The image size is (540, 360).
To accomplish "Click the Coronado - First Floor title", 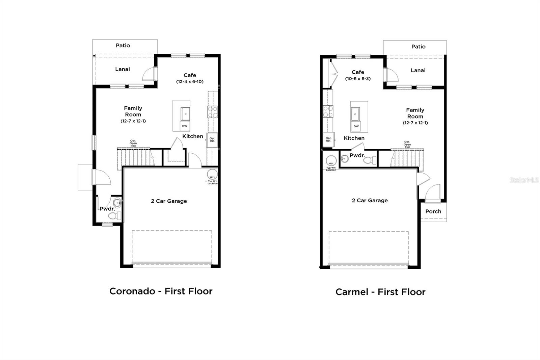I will (161, 291).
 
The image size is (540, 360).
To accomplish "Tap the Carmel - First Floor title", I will (380, 292).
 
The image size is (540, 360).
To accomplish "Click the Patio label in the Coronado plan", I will (123, 45).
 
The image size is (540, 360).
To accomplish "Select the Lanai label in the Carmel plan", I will (418, 70).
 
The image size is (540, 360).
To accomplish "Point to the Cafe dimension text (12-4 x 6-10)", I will (190, 82).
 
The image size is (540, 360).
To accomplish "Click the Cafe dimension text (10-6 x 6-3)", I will (358, 79).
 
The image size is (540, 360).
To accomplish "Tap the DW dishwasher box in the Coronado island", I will (185, 126).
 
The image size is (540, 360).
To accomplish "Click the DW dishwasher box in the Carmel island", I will (356, 126).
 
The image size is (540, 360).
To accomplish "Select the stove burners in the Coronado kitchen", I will (213, 112).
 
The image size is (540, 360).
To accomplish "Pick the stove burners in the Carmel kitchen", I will (328, 111).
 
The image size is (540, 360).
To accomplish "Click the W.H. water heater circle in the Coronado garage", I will (212, 175).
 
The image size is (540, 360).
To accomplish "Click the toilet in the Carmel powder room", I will (370, 160).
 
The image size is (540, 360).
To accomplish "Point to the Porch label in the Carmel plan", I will (433, 211).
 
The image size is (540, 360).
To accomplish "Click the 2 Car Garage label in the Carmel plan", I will (370, 200).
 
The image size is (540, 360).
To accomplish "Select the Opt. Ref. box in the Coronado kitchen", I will (212, 139).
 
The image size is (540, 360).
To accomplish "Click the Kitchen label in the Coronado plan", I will (193, 136).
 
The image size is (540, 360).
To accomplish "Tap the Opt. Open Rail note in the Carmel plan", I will (407, 145).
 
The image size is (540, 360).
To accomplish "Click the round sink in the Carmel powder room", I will (345, 158).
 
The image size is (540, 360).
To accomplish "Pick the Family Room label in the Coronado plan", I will (133, 111).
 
